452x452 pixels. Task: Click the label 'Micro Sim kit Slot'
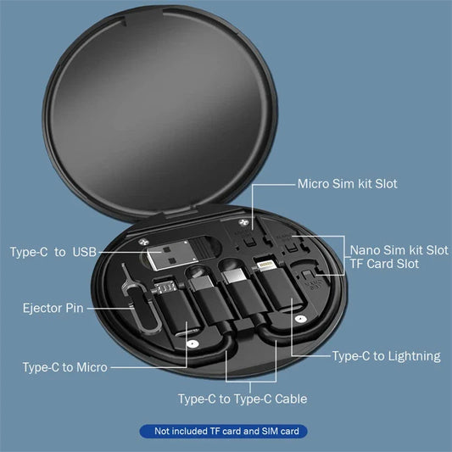pos(347,183)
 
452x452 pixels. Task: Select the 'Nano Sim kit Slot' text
pos(399,250)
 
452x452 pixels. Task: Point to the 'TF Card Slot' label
pos(384,265)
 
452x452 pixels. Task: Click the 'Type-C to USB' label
pos(53,252)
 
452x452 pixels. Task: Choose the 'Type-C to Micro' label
pos(64,367)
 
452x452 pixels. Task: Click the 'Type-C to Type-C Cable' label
pos(242,399)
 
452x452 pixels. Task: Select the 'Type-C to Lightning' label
pos(386,356)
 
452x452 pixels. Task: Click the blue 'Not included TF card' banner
pos(226,432)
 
